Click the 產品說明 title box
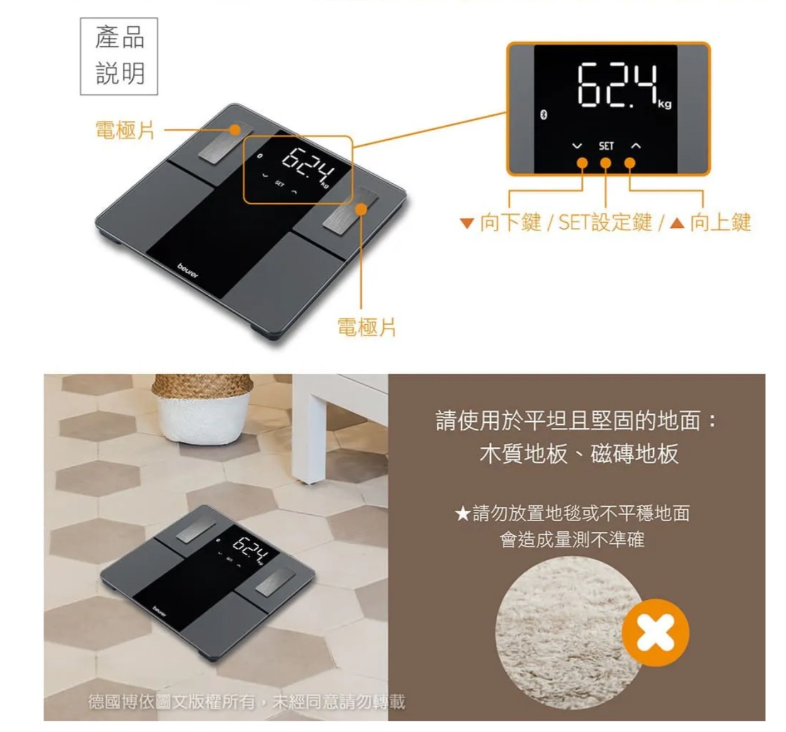(x=119, y=56)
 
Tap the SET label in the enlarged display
(x=606, y=146)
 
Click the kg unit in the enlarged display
(x=665, y=104)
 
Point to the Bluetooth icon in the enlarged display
(x=544, y=115)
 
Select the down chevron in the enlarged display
(x=577, y=146)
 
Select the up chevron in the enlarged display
(x=636, y=146)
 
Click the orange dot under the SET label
(x=605, y=163)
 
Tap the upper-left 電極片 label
(x=125, y=130)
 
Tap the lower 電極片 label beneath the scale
(x=366, y=327)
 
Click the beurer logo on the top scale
(x=188, y=271)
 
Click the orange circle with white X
(x=655, y=633)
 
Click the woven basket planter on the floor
(x=202, y=408)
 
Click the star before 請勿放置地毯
(x=462, y=514)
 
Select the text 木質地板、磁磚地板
(x=578, y=454)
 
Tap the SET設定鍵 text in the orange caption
(x=605, y=222)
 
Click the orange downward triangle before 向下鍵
(x=467, y=223)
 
